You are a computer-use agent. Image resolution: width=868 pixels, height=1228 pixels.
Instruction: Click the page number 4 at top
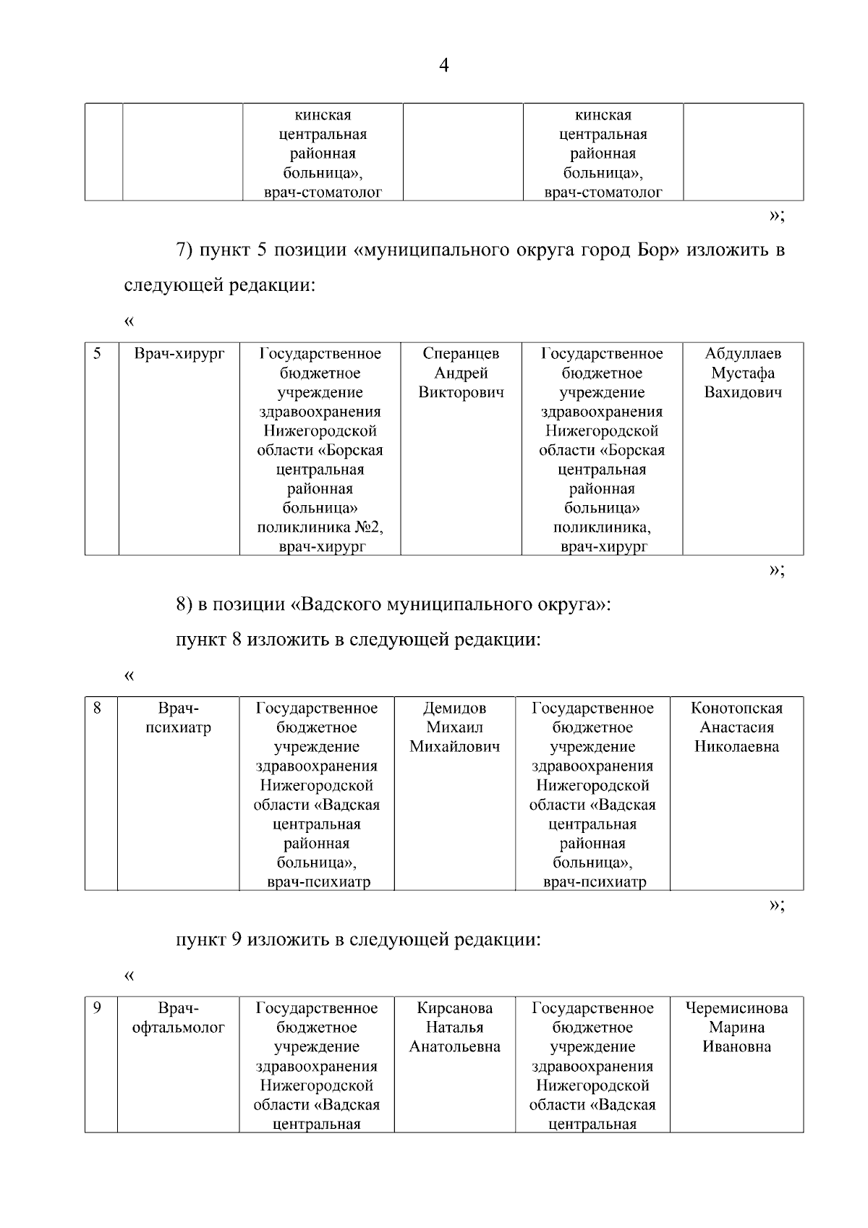443,66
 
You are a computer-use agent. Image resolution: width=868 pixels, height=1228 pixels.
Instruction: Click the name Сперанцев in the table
461,354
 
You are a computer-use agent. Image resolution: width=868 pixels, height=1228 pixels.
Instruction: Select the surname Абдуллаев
743,354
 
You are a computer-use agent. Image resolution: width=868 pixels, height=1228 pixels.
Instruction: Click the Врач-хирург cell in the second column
179,354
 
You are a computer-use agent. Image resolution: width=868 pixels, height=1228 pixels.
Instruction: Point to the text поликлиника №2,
320,528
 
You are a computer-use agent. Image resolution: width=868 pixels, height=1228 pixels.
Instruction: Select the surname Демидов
454,708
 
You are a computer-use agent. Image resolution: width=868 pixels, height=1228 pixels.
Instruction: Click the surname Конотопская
736,708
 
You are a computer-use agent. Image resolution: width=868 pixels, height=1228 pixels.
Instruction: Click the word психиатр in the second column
178,727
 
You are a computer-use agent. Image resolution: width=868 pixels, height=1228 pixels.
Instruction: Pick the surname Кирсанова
454,1008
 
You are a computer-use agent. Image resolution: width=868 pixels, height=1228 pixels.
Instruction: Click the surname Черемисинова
736,1008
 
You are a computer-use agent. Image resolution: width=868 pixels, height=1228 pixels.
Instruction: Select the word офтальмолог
178,1028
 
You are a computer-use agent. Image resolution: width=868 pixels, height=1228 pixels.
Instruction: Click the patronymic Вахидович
743,393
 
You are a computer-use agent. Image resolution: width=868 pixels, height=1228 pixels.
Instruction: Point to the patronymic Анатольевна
454,1047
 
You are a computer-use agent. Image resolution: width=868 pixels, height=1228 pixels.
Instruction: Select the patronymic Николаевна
736,747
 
